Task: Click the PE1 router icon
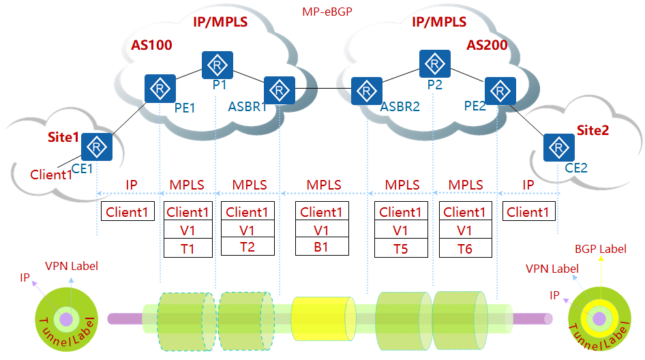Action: click(x=160, y=89)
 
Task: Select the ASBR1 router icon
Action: click(x=279, y=90)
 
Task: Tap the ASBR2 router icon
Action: click(x=367, y=91)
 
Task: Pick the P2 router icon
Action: click(x=434, y=63)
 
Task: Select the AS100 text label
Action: click(x=151, y=46)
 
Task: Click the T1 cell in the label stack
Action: click(x=187, y=249)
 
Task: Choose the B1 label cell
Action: click(x=321, y=247)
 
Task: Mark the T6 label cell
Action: click(x=464, y=249)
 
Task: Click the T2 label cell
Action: click(x=247, y=247)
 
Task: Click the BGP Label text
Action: click(x=600, y=249)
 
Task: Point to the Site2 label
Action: click(x=592, y=130)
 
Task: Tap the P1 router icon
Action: click(x=217, y=64)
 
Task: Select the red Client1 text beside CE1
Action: click(x=51, y=175)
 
